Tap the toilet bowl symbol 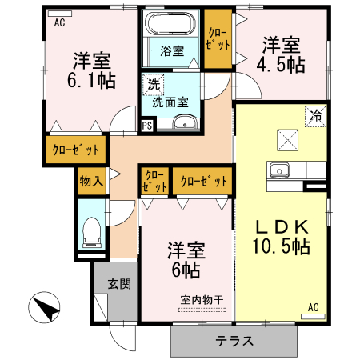(90, 231)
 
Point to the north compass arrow (46, 308)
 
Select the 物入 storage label (91, 182)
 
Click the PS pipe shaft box (146, 125)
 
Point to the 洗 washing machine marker (151, 83)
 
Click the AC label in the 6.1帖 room (59, 23)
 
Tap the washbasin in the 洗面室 (186, 122)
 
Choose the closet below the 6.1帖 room (76, 150)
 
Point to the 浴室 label (171, 52)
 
